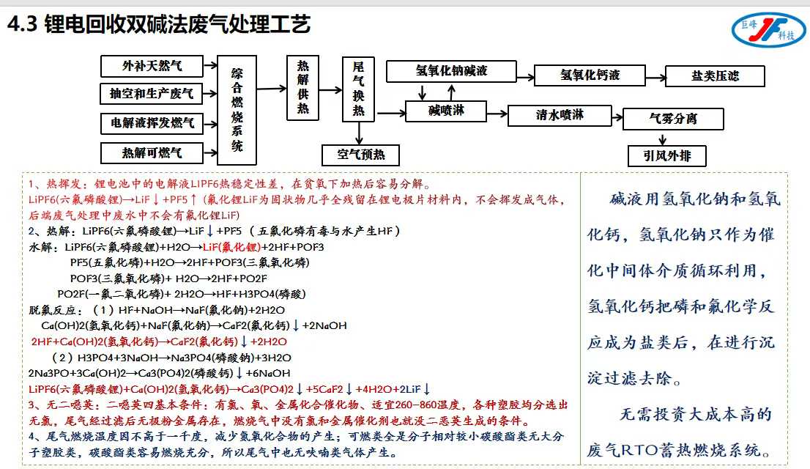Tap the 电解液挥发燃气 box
(x=152, y=123)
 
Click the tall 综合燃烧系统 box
(x=237, y=109)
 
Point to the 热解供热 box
(x=302, y=87)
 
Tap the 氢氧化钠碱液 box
(x=451, y=71)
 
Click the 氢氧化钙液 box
(x=590, y=75)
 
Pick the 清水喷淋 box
(x=560, y=116)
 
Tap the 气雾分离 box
(x=673, y=119)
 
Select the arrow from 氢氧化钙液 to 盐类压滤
(x=654, y=75)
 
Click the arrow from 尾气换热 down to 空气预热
(x=359, y=133)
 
